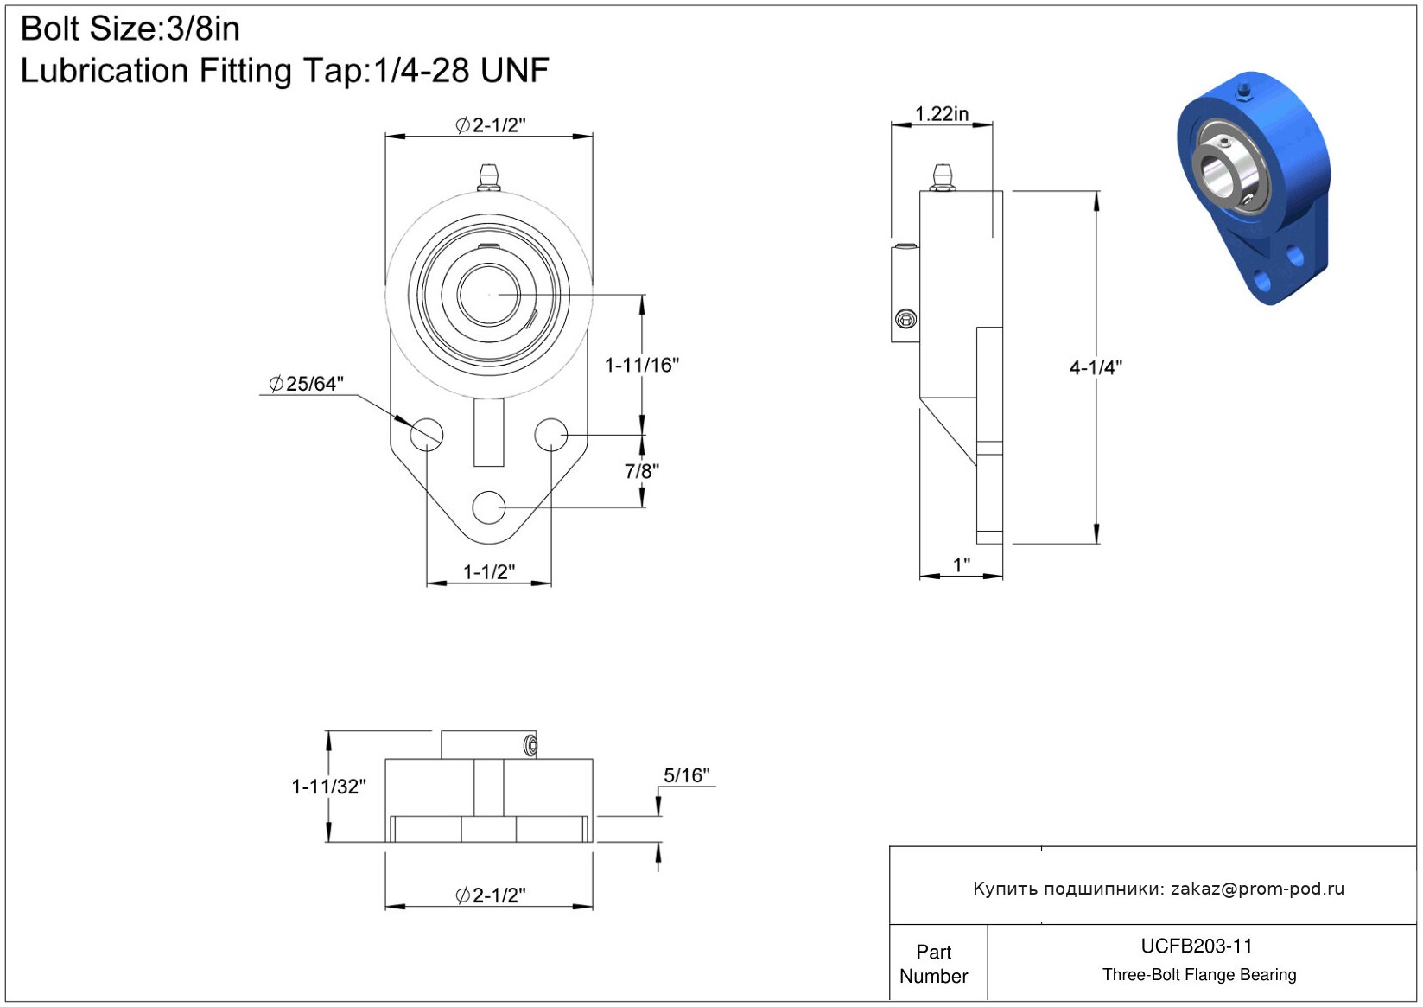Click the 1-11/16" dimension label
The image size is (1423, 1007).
(x=642, y=365)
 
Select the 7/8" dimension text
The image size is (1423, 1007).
(x=642, y=471)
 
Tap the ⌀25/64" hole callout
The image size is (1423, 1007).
(x=306, y=383)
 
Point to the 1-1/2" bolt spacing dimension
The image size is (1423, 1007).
(x=488, y=571)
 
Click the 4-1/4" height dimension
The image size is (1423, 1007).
(x=1096, y=366)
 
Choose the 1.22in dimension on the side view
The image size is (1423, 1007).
(x=942, y=114)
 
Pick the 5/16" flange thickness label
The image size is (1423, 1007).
(x=687, y=775)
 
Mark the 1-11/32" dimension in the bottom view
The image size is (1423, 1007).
(x=328, y=787)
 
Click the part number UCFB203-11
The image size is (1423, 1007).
(x=1197, y=946)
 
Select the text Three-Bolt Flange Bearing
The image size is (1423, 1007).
(x=1199, y=974)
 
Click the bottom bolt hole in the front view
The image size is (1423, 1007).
(x=488, y=507)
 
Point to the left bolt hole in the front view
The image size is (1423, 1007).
(x=426, y=435)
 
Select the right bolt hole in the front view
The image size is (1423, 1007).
(x=550, y=435)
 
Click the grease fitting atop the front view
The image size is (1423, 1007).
(x=488, y=177)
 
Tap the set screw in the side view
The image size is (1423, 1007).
(x=905, y=318)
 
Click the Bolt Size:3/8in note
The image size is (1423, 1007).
(x=130, y=29)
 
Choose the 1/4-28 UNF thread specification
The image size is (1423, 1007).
(x=461, y=70)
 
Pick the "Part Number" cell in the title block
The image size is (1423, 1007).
(x=933, y=964)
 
